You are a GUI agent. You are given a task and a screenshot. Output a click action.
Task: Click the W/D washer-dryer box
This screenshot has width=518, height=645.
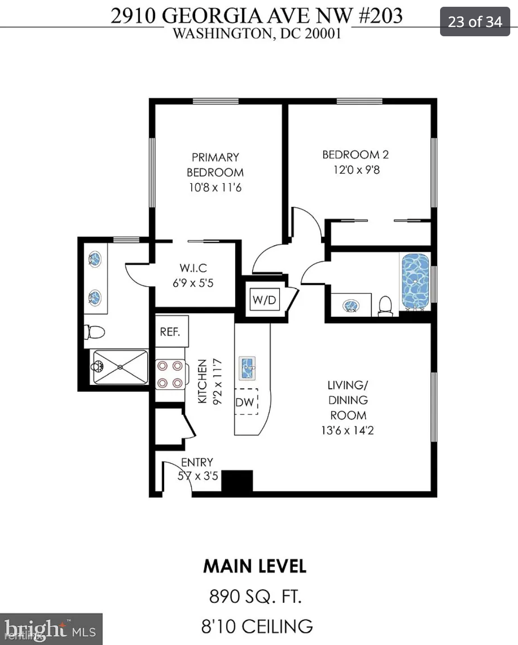264,299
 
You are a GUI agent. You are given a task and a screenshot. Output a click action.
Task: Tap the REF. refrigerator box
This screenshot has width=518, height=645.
172,331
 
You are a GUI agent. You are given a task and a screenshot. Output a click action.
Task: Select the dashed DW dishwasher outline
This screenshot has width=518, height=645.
246,402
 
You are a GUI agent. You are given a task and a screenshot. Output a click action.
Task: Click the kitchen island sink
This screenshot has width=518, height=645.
247,368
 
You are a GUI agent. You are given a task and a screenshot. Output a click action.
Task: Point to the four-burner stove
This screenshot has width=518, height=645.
170,374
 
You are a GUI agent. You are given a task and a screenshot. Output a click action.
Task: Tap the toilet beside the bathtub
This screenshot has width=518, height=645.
385,306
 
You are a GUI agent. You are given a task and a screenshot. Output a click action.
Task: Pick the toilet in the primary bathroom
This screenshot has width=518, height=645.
94,332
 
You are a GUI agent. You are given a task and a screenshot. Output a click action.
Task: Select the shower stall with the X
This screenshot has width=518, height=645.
121,367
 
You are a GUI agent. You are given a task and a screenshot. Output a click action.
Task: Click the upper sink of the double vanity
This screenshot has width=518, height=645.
95,259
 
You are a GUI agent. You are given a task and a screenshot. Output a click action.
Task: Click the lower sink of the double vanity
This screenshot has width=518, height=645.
95,298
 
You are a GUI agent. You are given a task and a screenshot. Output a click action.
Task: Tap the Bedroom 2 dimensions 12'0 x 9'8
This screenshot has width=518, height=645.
356,170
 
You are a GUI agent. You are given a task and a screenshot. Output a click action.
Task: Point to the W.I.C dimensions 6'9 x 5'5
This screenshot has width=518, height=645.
193,283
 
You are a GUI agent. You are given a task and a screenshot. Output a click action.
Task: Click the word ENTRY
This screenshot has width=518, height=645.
197,462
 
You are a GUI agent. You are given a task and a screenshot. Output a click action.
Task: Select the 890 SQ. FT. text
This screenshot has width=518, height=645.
256,596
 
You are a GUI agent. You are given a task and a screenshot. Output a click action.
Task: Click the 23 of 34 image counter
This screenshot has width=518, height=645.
475,22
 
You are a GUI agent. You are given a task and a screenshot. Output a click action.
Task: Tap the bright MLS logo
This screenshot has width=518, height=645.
50,629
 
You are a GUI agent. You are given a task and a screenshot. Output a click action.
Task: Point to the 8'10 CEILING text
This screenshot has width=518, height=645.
257,626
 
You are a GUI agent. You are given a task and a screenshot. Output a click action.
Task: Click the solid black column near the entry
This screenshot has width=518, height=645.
237,481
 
